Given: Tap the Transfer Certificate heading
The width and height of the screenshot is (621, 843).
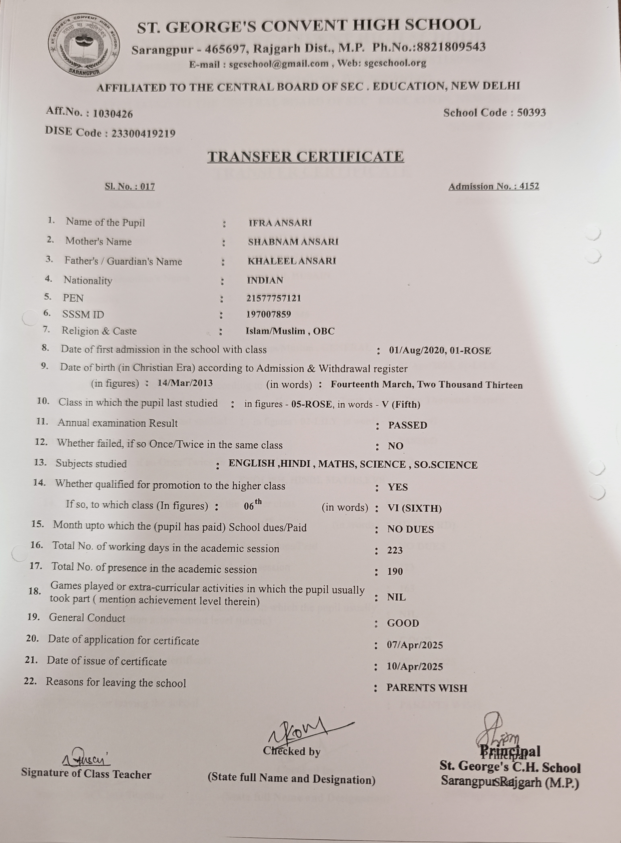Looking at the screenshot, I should (306, 157).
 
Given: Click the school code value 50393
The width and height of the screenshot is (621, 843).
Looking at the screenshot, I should (531, 112).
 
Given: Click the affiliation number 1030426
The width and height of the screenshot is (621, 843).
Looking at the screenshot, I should (113, 113).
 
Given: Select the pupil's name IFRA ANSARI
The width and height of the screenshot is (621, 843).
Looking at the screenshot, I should (280, 223).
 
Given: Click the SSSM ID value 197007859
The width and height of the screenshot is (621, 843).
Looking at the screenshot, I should (268, 315).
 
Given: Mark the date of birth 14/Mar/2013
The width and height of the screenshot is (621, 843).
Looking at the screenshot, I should (185, 383).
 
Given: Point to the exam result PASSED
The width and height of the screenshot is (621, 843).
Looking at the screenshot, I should (407, 425).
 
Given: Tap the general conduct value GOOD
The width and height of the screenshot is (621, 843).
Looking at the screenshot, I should (403, 623).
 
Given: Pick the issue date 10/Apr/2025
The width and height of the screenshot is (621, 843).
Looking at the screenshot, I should (415, 666).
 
